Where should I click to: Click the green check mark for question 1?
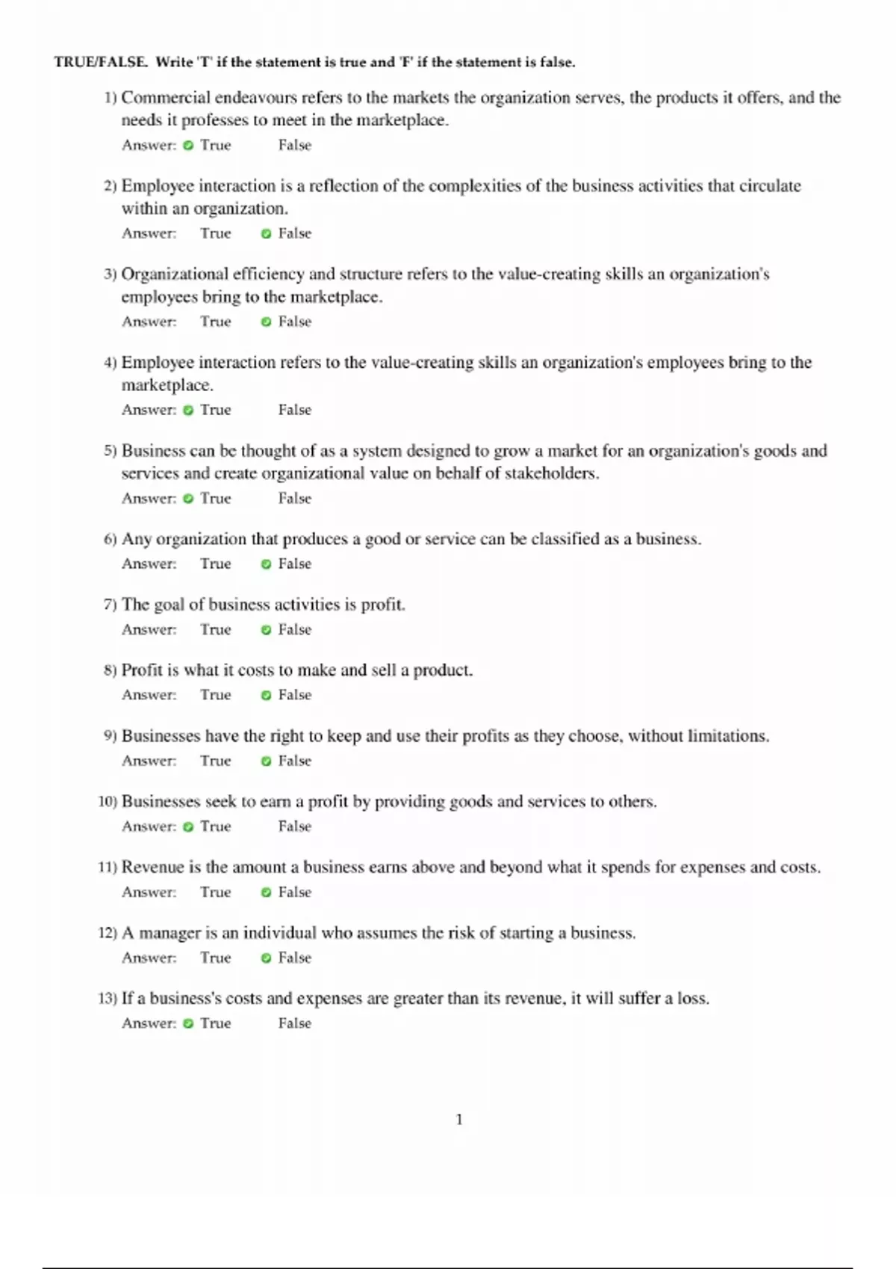click(188, 146)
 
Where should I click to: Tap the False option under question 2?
click(294, 234)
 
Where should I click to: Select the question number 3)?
click(110, 275)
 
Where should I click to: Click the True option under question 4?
click(215, 410)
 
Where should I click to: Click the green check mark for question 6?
click(266, 564)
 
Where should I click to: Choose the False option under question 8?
click(294, 695)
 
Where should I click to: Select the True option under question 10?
click(215, 826)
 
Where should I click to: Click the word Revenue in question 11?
click(152, 867)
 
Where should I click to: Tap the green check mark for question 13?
click(188, 1023)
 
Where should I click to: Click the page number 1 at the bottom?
click(459, 1119)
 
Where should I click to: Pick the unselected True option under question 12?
click(215, 958)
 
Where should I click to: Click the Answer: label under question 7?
click(149, 630)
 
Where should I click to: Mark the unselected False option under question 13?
click(294, 1023)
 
